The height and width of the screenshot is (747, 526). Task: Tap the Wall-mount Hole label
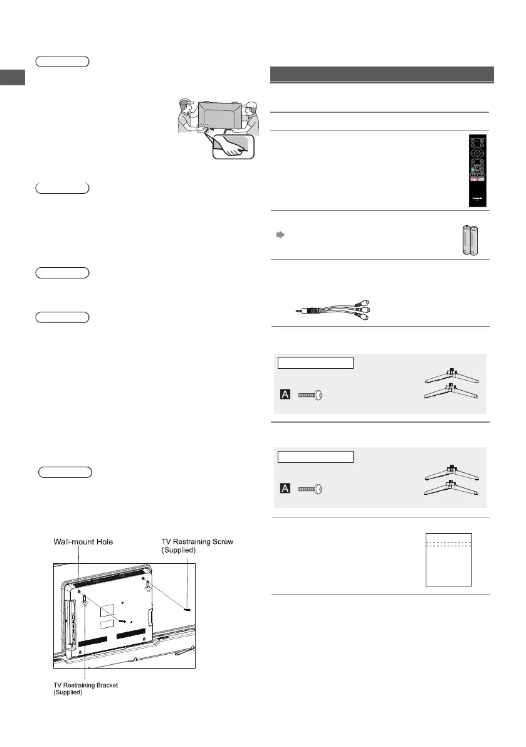point(83,541)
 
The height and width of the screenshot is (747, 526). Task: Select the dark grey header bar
point(382,74)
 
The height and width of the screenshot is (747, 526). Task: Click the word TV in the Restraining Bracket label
point(56,685)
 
